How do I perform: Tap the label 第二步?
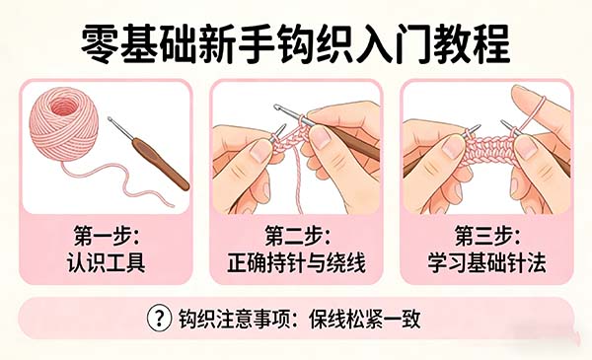(296, 238)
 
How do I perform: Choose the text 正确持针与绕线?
(296, 264)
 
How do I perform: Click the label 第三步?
(486, 238)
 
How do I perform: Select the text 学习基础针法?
(486, 264)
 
